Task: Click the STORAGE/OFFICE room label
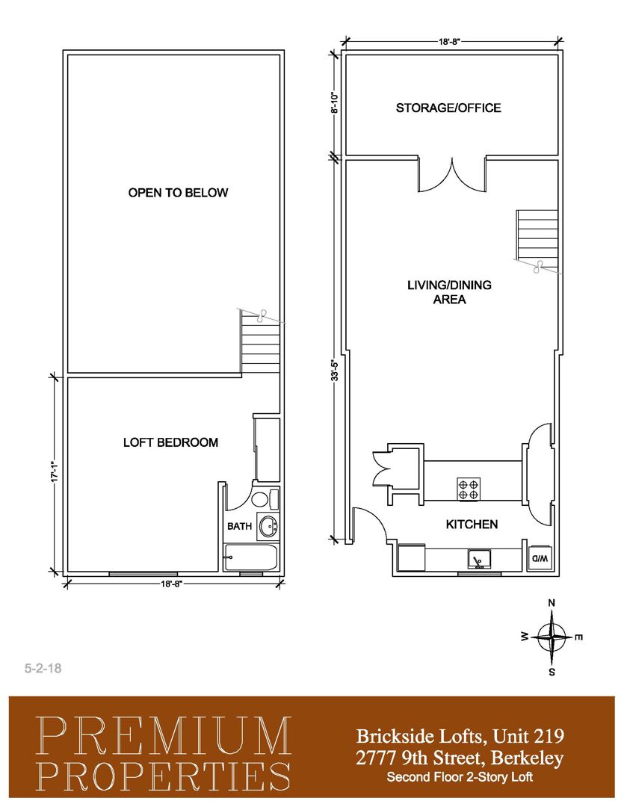click(448, 108)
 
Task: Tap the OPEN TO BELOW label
click(178, 193)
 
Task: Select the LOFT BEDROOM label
click(170, 442)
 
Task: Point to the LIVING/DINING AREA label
click(449, 292)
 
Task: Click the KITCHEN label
click(472, 524)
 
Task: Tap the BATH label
click(239, 526)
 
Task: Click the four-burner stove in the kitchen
click(469, 489)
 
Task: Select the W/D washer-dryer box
click(540, 558)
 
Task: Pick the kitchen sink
click(479, 560)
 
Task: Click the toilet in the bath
click(262, 499)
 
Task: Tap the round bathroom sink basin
click(269, 527)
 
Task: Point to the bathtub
click(251, 558)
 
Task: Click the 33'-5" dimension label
click(336, 370)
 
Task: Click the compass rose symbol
click(552, 637)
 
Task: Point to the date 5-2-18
click(43, 668)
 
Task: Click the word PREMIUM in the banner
click(164, 736)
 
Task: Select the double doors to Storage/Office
click(452, 175)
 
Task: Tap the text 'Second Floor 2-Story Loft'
click(460, 776)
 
